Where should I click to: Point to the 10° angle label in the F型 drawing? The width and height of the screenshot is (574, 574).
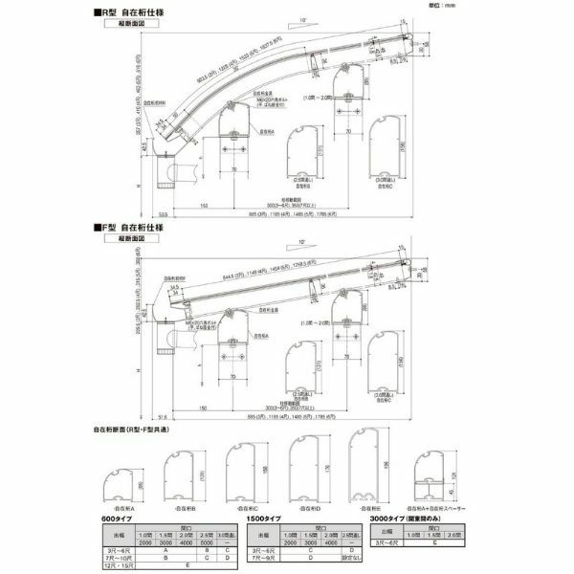click(301, 242)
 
